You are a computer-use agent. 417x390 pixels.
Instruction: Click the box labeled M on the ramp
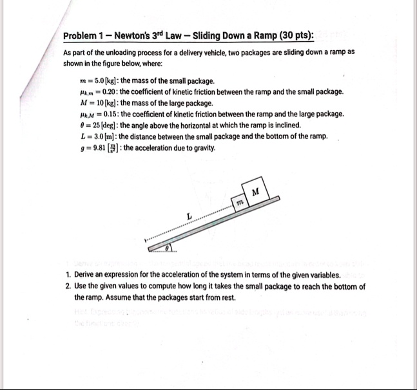(256, 191)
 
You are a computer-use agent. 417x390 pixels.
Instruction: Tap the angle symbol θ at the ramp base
(168, 247)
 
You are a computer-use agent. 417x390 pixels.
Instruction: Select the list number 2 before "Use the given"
(67, 286)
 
